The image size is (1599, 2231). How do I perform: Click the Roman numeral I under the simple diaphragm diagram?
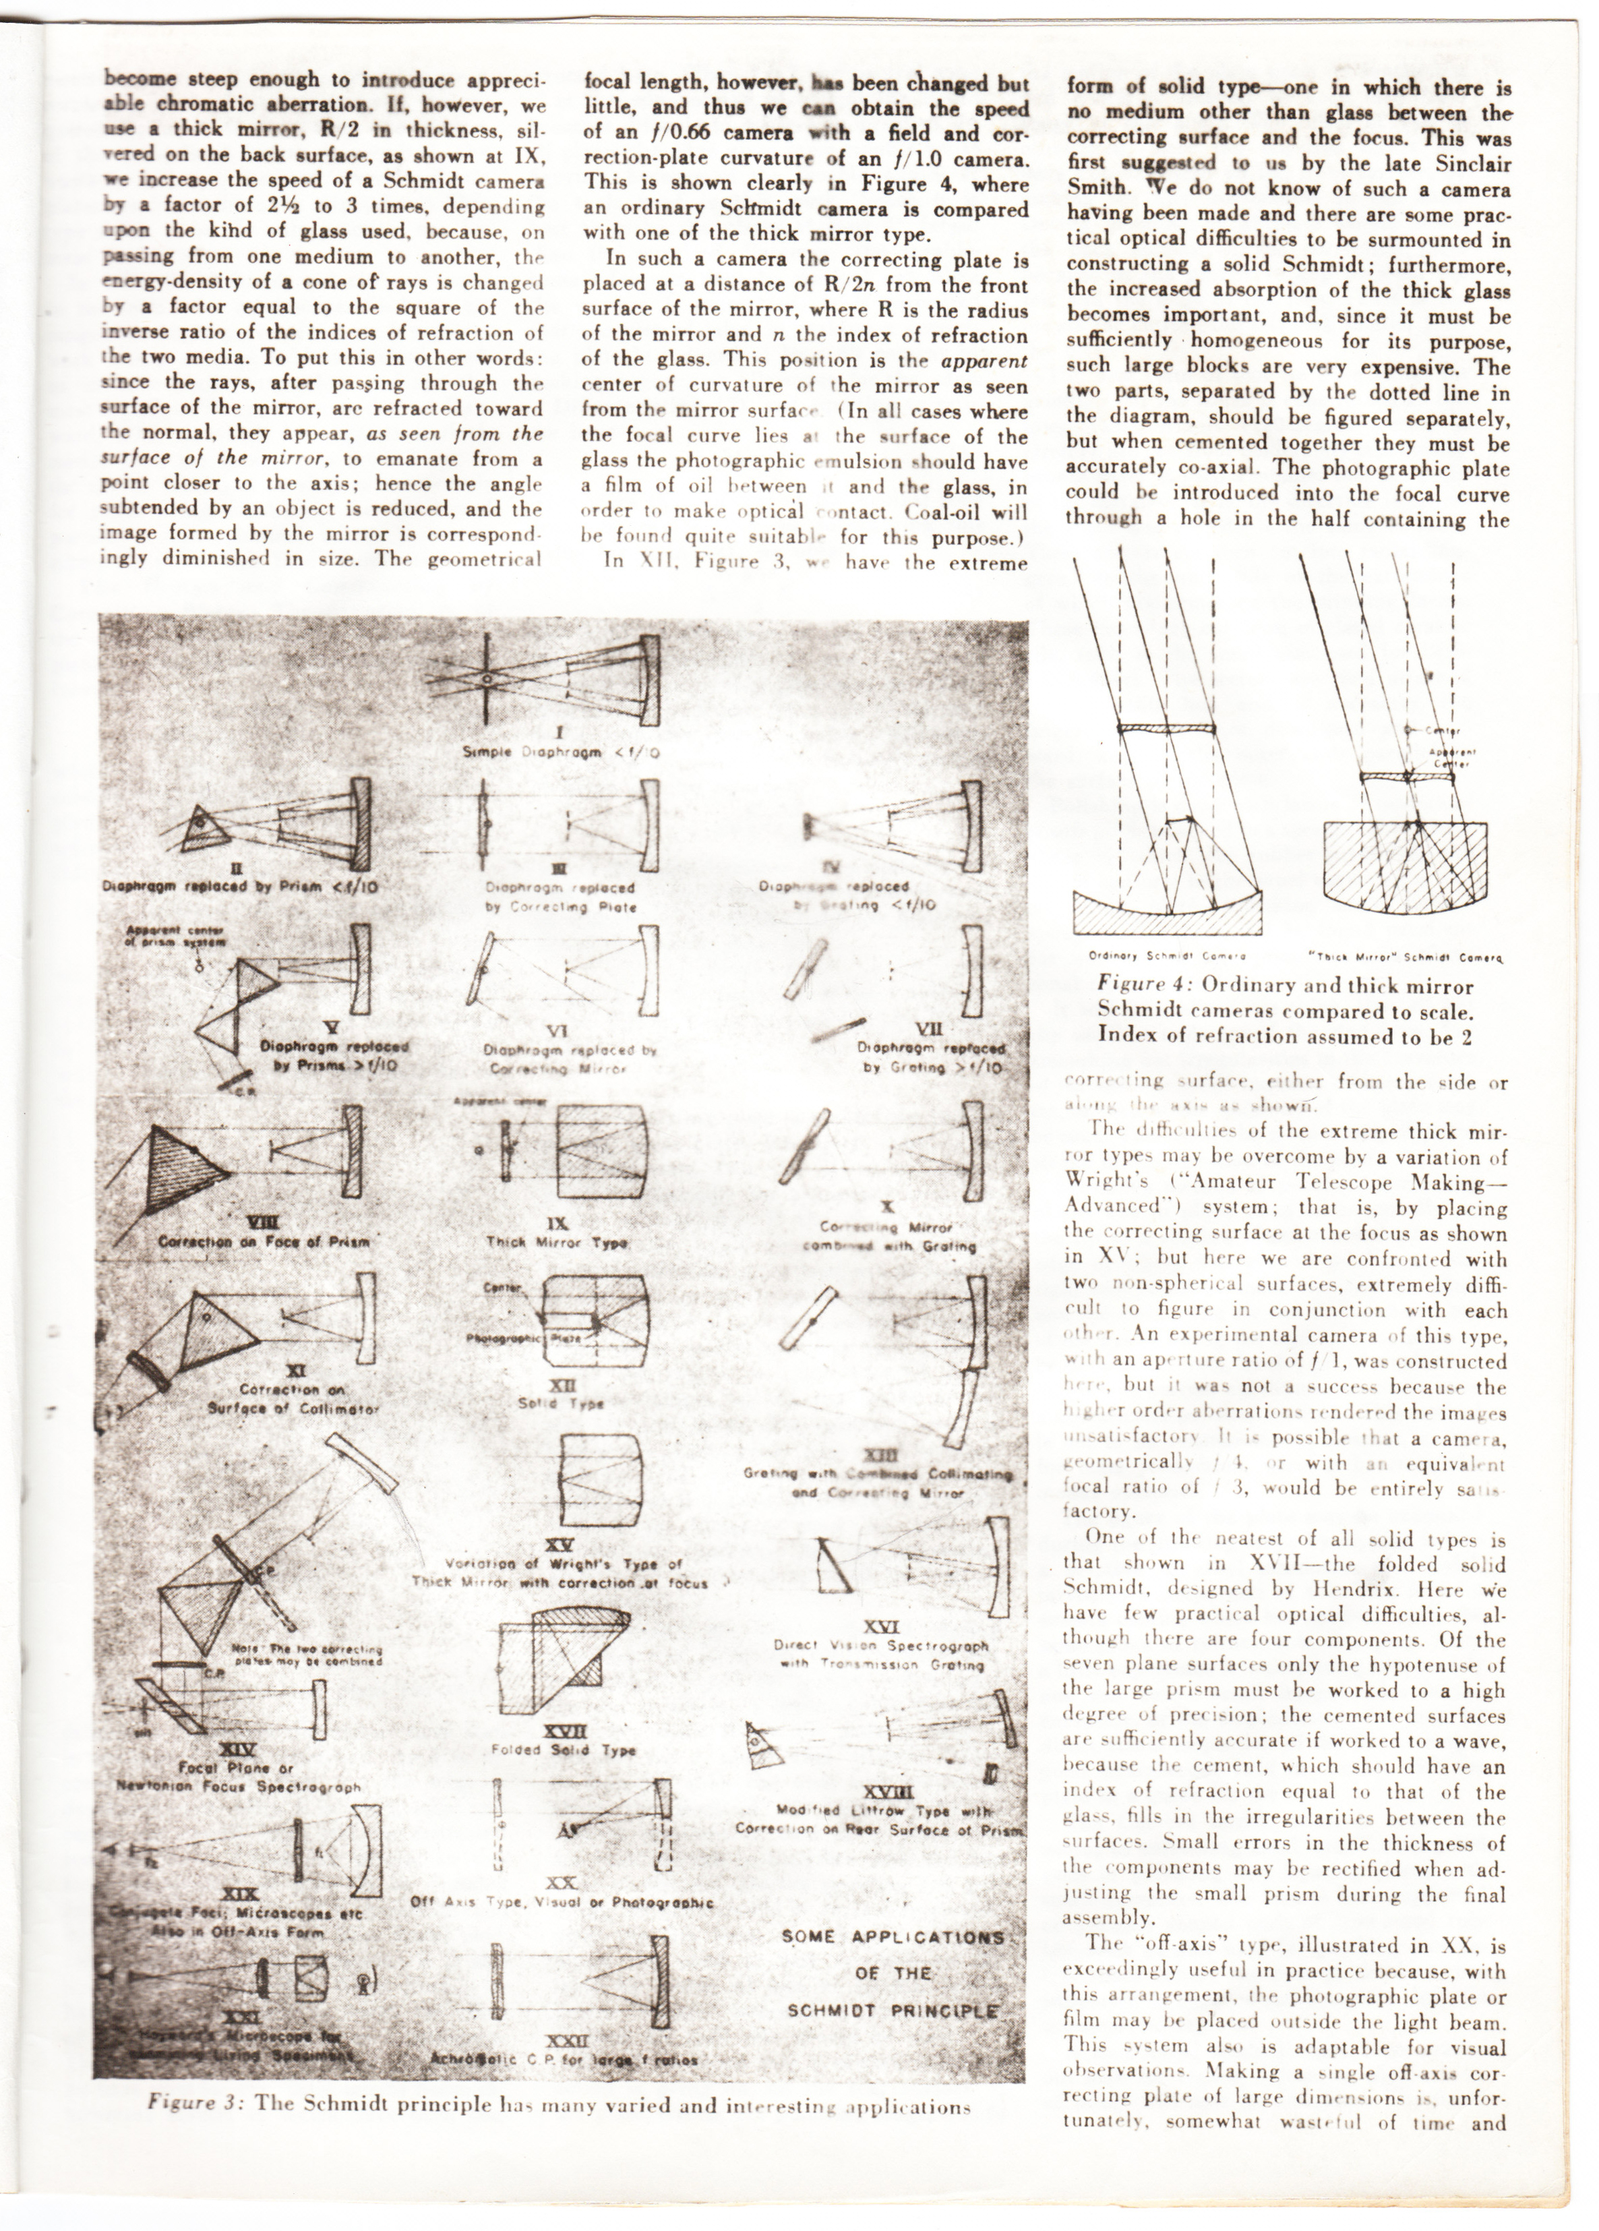tap(557, 732)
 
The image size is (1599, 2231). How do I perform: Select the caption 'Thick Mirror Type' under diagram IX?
tap(557, 1243)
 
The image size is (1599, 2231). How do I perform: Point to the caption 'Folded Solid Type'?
tap(564, 1750)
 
